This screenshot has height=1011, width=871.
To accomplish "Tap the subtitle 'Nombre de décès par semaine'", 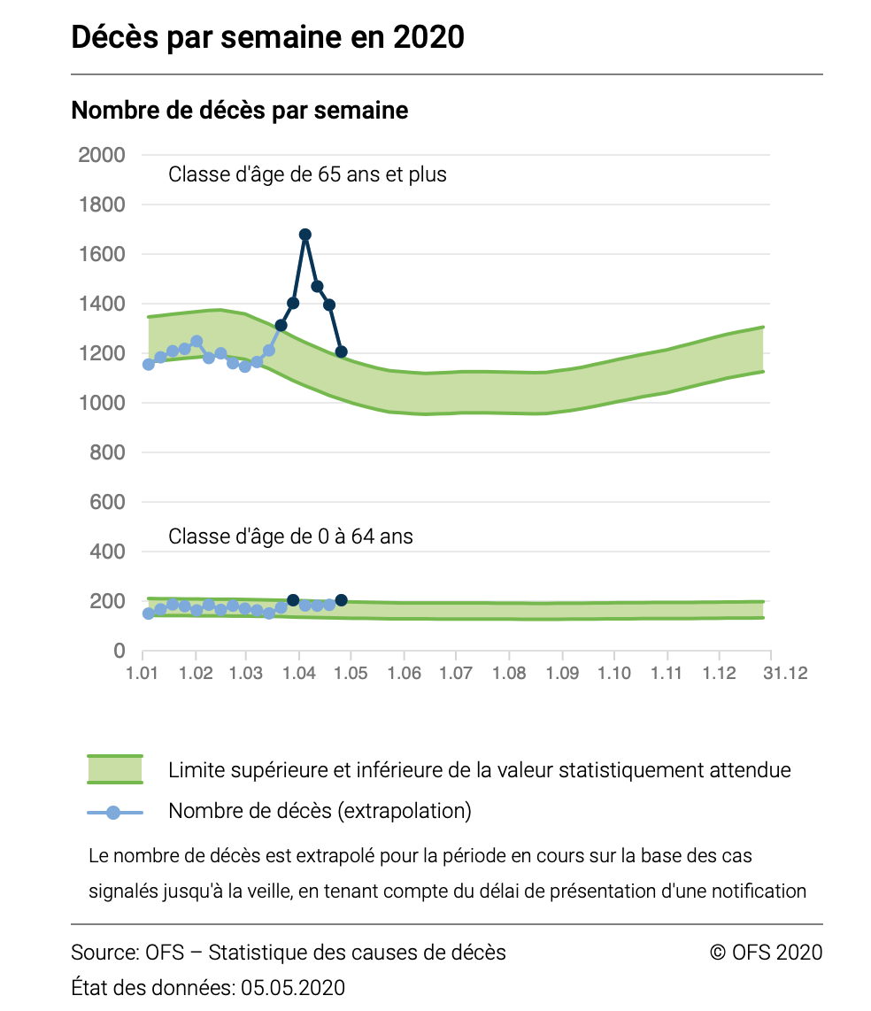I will tap(239, 111).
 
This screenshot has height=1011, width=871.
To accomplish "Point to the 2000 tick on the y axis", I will tap(102, 155).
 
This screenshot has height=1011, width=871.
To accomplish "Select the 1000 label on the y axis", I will tap(102, 403).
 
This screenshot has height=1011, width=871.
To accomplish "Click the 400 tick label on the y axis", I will tap(108, 552).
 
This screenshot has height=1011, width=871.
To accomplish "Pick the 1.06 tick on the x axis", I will tap(404, 674).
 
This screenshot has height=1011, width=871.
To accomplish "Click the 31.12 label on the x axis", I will tap(785, 674).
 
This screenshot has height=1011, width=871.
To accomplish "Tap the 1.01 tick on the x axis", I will tap(143, 674).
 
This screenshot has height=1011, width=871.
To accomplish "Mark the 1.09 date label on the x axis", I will tap(561, 674).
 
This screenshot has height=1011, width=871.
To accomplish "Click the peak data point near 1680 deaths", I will tap(305, 235).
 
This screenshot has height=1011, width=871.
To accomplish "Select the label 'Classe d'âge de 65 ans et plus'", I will tap(307, 174).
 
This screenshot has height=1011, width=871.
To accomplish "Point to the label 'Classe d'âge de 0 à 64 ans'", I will tap(290, 536).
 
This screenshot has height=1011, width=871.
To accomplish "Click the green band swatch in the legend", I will tap(114, 769).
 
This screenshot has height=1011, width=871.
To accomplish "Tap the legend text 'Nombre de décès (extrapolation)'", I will tap(320, 811).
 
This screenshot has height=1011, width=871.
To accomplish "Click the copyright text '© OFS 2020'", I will tap(766, 953).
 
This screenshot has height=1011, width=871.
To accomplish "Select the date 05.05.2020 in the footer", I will tap(293, 987).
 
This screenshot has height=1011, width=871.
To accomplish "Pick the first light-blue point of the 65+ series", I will tap(149, 364).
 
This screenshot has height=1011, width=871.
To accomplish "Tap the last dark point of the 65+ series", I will tap(342, 351).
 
